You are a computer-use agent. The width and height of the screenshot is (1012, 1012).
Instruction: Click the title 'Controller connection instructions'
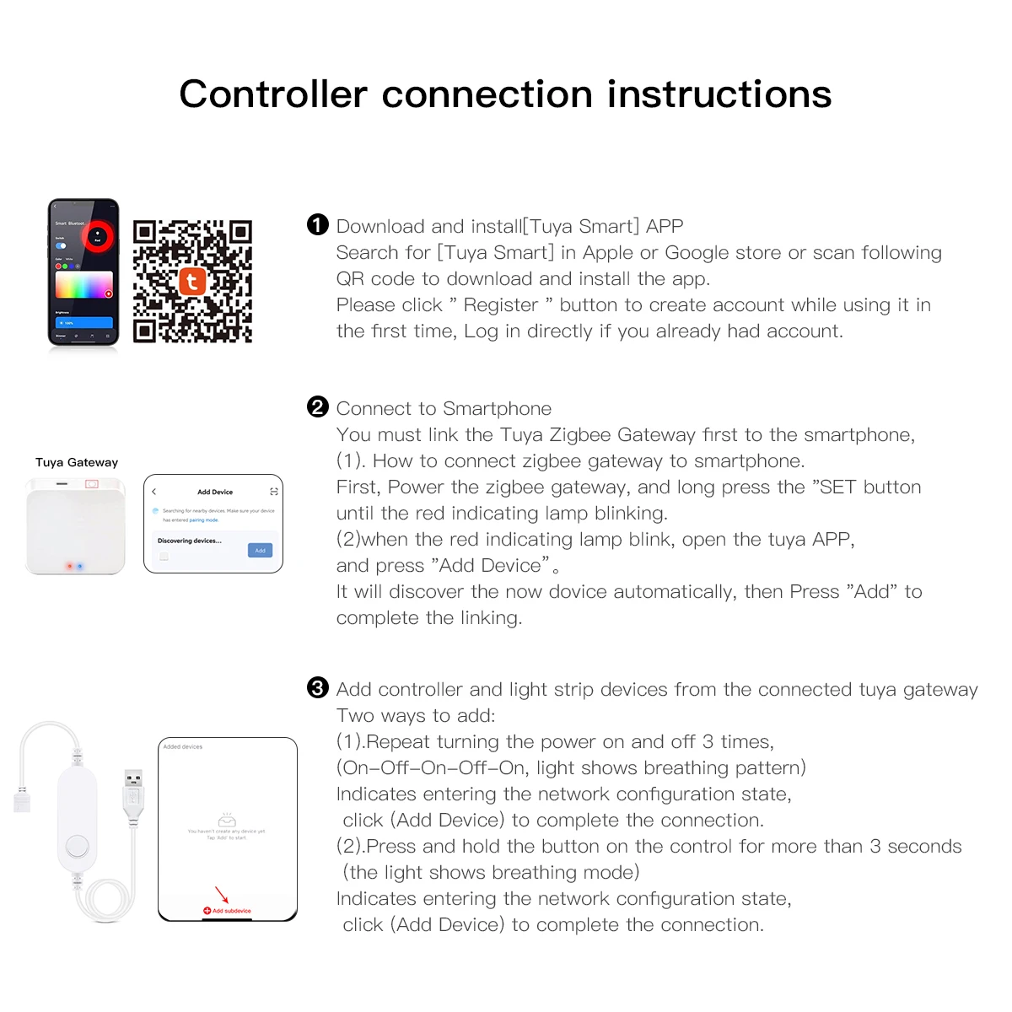(x=505, y=94)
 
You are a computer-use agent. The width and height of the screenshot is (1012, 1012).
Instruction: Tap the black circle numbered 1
(x=317, y=224)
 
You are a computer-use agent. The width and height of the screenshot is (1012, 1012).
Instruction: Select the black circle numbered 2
(x=317, y=407)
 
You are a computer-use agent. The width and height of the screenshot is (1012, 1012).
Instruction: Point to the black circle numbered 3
(x=317, y=688)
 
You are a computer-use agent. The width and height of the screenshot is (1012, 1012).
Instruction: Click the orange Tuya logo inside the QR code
(x=192, y=282)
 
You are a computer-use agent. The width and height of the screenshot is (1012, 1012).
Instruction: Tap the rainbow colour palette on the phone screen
(x=83, y=285)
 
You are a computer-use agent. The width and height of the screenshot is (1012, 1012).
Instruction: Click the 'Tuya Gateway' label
(x=77, y=462)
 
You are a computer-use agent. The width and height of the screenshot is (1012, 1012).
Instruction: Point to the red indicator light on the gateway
(x=70, y=567)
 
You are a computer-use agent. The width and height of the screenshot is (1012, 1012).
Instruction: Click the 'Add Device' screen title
(x=215, y=492)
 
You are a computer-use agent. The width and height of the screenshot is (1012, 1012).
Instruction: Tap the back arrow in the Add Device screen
(x=154, y=492)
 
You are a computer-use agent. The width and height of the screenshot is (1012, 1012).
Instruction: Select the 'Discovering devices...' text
(x=190, y=541)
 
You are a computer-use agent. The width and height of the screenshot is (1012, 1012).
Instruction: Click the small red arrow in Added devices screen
(x=222, y=895)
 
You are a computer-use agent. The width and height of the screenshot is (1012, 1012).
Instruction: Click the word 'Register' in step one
(x=501, y=305)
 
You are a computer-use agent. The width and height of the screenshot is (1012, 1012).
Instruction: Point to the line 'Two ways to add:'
(x=416, y=716)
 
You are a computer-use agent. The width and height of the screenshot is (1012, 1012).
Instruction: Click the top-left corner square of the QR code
(x=145, y=232)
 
